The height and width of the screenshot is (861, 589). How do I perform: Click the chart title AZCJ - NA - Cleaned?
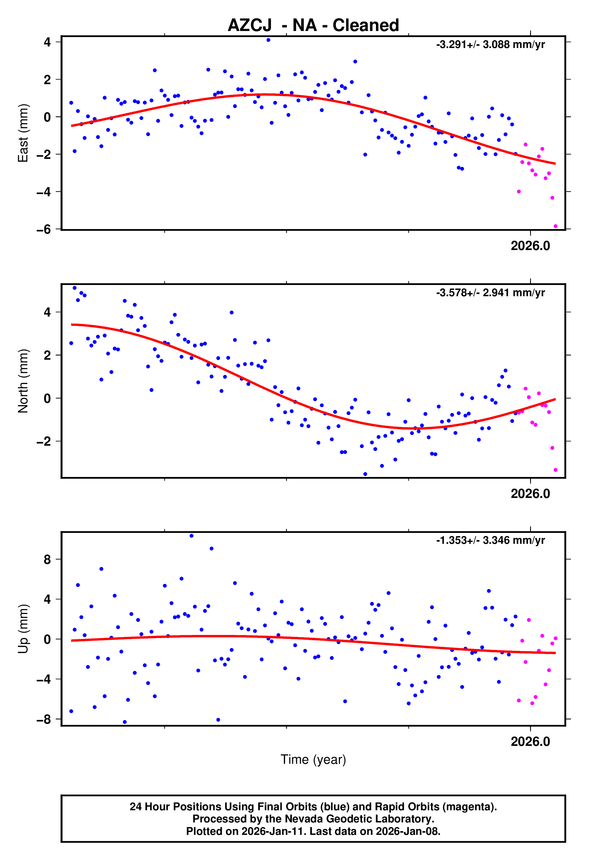[x=313, y=25]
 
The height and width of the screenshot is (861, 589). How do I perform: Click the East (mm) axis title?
[x=23, y=133]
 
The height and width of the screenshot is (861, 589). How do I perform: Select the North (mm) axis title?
[x=23, y=381]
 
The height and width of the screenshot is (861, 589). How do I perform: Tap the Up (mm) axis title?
[x=23, y=629]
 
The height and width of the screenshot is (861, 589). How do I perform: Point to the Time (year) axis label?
[x=313, y=760]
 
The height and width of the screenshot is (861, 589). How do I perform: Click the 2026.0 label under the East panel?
[x=530, y=246]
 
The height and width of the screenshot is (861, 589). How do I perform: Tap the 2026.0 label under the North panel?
[x=530, y=494]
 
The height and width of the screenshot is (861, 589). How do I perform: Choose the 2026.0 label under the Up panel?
[x=530, y=742]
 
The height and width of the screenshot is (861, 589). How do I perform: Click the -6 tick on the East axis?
[x=44, y=230]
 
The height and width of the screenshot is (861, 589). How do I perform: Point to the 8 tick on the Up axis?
[x=47, y=559]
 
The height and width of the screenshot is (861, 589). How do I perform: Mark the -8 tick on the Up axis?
[x=44, y=719]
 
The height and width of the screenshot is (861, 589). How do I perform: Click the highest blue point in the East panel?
[x=268, y=40]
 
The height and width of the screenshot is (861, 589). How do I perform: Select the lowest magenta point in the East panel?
[x=555, y=226]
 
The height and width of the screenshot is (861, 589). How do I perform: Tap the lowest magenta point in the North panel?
[x=555, y=470]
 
